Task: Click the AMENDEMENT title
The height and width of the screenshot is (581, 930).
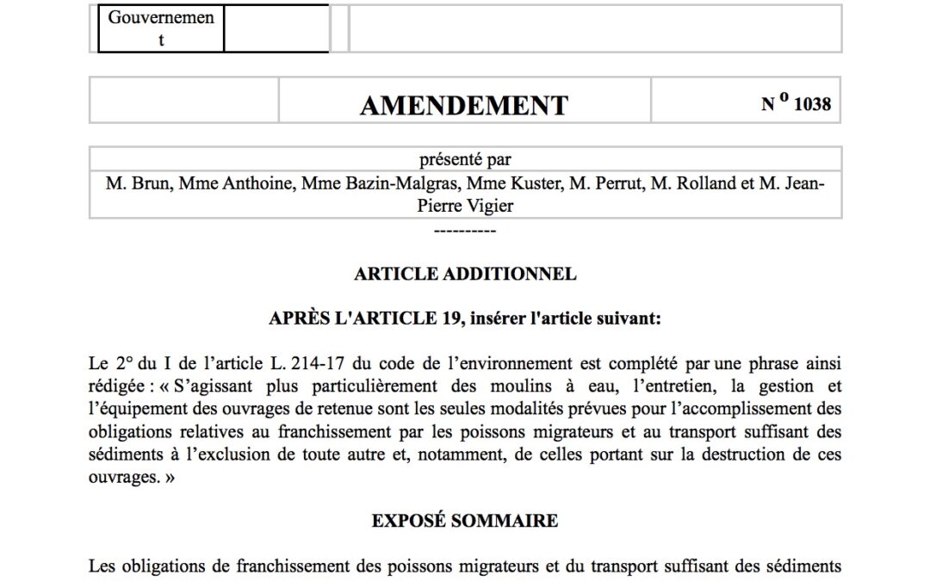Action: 464,105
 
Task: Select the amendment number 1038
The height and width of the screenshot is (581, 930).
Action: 812,104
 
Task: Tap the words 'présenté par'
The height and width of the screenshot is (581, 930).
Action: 465,159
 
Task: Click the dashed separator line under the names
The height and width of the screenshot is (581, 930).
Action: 465,230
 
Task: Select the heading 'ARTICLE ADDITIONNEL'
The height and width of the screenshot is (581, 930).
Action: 465,275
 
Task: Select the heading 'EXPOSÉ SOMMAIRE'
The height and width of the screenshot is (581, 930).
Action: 465,521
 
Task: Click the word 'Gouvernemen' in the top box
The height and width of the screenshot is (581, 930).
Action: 161,16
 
